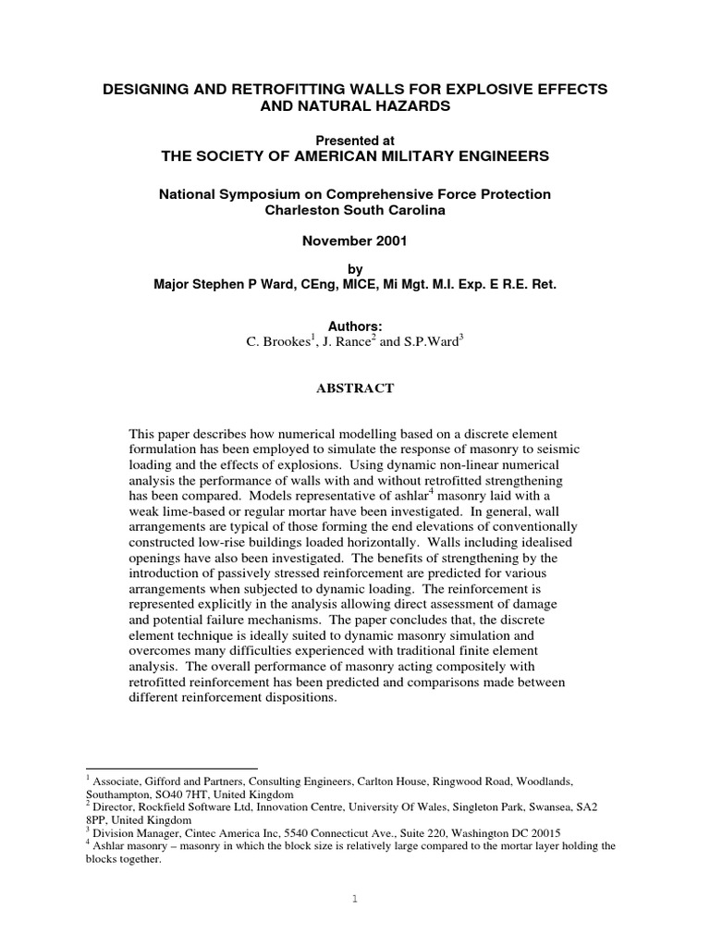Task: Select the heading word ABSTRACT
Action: [355, 388]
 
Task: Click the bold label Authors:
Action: [355, 326]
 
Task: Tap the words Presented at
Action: [355, 141]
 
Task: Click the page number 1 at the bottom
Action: [355, 897]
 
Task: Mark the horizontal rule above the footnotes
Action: [170, 769]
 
